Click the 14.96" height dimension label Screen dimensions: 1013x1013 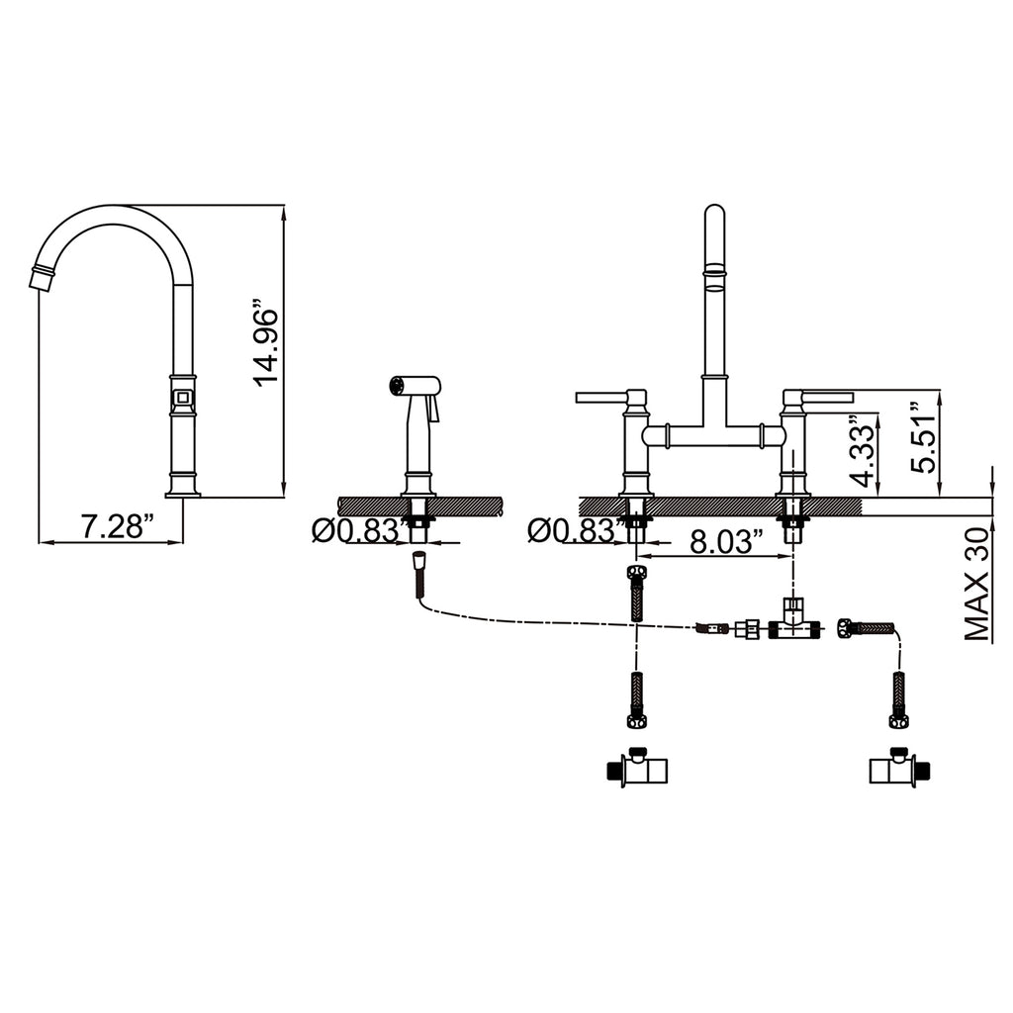pos(266,341)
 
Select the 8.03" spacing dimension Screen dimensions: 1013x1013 pos(727,541)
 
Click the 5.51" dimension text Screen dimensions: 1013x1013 pos(923,437)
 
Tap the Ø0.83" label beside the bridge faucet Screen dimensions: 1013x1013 pos(577,531)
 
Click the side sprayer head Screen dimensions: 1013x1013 pos(414,385)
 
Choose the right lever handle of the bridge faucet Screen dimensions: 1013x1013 pos(827,397)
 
